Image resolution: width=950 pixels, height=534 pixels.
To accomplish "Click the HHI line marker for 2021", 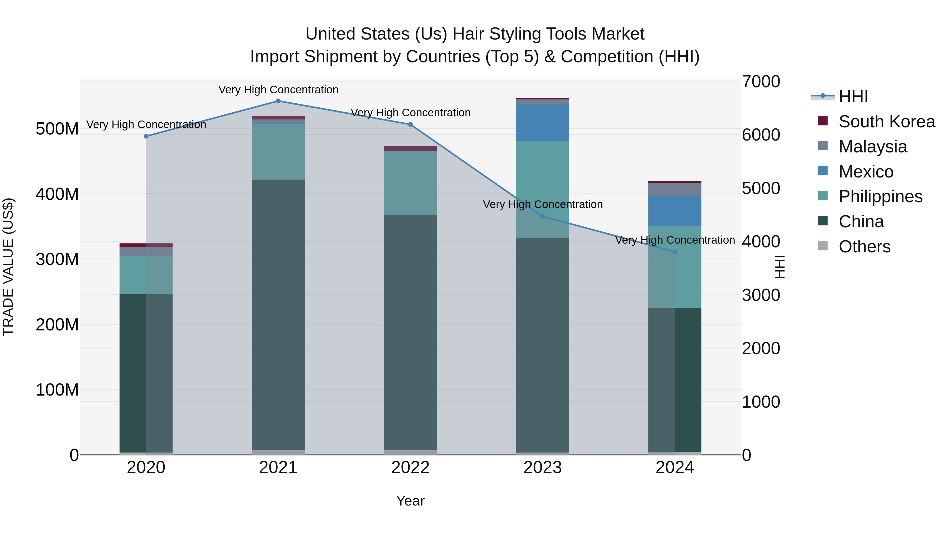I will [278, 101].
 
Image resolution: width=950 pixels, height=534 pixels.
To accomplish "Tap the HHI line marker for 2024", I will [674, 252].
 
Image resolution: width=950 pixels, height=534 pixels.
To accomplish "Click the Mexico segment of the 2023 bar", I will [543, 123].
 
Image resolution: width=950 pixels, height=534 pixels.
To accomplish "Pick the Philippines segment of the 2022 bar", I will [410, 183].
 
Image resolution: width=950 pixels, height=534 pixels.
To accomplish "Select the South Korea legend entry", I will [887, 122].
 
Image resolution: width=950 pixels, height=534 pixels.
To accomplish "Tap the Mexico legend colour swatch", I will [823, 171].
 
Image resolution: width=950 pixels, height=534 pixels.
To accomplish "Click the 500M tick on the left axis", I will [57, 129].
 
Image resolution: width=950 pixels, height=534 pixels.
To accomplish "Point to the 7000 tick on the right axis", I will [761, 81].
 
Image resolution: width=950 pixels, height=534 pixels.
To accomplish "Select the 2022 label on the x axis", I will [410, 468].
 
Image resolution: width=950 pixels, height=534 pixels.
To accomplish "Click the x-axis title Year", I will [410, 501].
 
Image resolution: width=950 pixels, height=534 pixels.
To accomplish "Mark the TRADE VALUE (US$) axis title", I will [8, 267].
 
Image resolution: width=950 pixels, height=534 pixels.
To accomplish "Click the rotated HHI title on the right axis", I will [779, 267].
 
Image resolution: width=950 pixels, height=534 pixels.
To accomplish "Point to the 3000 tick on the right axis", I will [761, 295].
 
